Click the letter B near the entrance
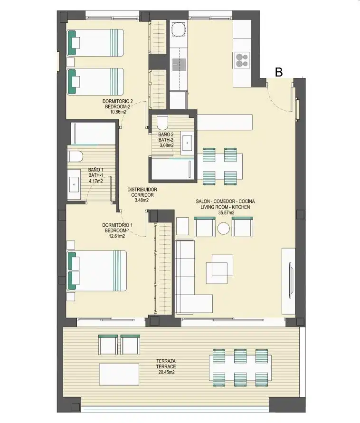pos(279,72)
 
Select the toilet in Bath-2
pos(162,122)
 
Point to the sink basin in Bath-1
pos(74,184)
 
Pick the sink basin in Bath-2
pos(187,143)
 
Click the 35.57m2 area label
pos(226,212)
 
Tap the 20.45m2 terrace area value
pos(166,372)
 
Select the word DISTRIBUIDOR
pos(142,189)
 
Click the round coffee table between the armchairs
pos(224,229)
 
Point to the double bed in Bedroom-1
pos(97,271)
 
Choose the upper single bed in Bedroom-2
pos(95,43)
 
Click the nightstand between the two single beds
pos(71,62)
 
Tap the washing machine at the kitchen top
pos(179,29)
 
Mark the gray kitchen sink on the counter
pos(179,65)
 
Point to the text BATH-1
pos(96,175)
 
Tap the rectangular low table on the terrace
pos(119,375)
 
